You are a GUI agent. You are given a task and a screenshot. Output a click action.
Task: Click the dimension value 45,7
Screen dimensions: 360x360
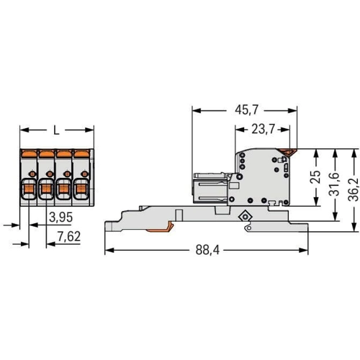246,110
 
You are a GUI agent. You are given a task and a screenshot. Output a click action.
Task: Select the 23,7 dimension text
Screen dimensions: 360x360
263,130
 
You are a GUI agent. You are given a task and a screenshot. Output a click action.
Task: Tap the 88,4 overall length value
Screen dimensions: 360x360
207,250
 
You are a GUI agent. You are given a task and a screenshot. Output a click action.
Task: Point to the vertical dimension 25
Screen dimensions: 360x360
316,177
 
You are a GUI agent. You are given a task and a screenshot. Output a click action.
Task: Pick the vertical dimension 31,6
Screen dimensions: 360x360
335,184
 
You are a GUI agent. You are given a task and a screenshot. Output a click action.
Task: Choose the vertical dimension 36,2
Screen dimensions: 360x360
354,189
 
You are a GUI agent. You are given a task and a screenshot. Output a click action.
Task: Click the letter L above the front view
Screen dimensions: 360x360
56,130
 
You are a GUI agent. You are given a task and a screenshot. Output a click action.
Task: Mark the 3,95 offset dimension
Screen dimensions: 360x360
60,217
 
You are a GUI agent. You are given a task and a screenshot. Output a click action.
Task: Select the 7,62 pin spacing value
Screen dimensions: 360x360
69,237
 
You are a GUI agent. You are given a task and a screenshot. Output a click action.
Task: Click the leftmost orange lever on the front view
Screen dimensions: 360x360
29,153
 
